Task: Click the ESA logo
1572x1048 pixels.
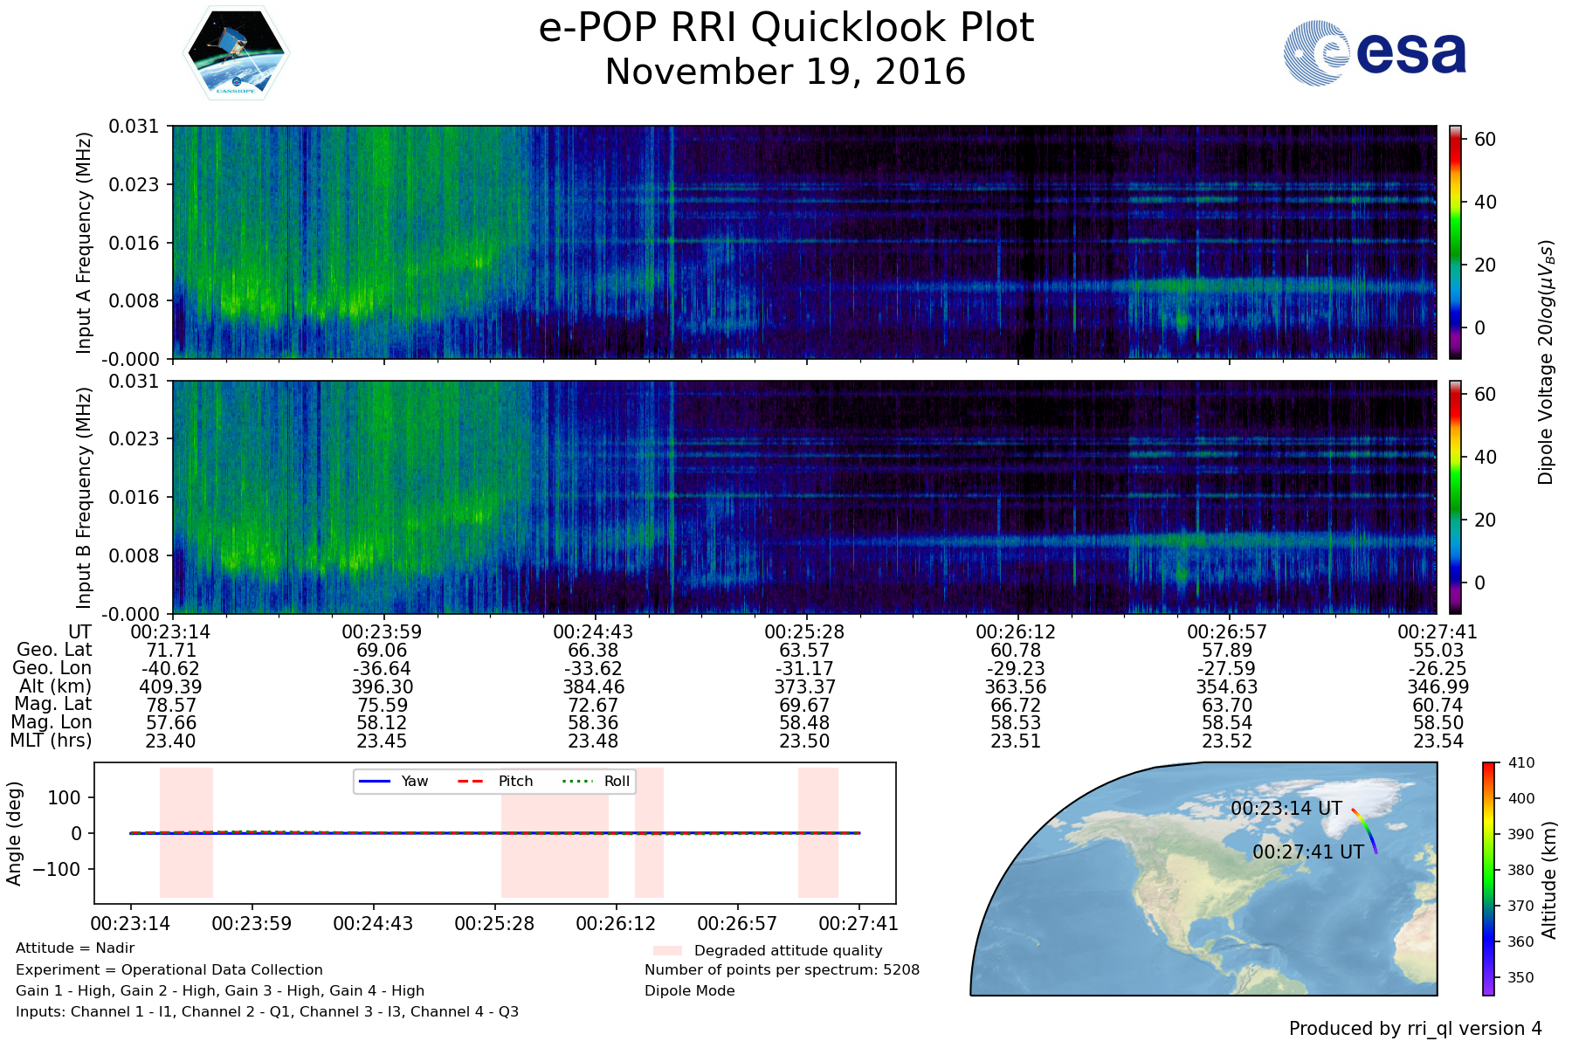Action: (x=1375, y=53)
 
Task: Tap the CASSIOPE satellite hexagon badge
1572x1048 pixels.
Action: (x=236, y=53)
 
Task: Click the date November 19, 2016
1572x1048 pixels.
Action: (x=785, y=72)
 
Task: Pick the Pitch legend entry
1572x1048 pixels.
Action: (x=495, y=781)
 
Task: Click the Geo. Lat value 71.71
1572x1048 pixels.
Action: (x=171, y=651)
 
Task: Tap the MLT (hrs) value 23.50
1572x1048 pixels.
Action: (x=804, y=741)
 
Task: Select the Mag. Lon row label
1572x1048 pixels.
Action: (x=52, y=722)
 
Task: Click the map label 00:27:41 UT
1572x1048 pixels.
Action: (x=1308, y=851)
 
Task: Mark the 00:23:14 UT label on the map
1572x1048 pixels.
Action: (x=1286, y=809)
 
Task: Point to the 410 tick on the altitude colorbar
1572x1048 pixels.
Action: (x=1520, y=762)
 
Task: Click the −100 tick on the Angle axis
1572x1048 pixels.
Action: (x=57, y=869)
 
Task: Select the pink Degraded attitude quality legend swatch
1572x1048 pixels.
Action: (x=667, y=950)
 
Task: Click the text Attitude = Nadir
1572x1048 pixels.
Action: (x=75, y=948)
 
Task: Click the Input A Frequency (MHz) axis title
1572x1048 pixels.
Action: (x=84, y=243)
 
